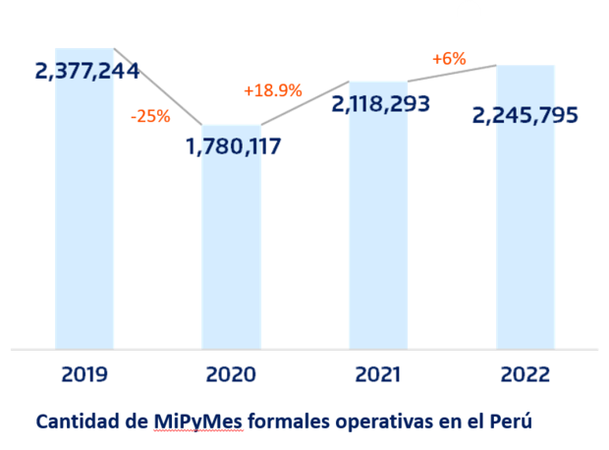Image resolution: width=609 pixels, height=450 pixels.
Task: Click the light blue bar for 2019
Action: (x=84, y=216)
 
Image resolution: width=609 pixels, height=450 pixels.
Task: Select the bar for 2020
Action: (x=231, y=255)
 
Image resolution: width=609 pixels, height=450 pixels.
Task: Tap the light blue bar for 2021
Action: (x=378, y=236)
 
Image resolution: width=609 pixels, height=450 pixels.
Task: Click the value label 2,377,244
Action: (x=86, y=71)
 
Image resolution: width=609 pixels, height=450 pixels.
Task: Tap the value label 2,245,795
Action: (x=526, y=115)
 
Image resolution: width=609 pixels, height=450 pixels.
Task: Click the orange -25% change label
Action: (x=150, y=116)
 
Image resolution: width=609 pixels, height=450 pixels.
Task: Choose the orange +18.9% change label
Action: (x=272, y=91)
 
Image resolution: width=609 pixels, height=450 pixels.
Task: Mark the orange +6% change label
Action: (x=448, y=59)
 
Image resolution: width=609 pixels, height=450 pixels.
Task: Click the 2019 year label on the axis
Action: (x=84, y=374)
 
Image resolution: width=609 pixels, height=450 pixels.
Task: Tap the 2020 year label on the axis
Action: (x=231, y=374)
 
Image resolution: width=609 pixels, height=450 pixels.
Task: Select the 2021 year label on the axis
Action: (x=378, y=374)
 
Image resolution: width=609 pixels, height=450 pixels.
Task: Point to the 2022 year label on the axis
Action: (x=525, y=374)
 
